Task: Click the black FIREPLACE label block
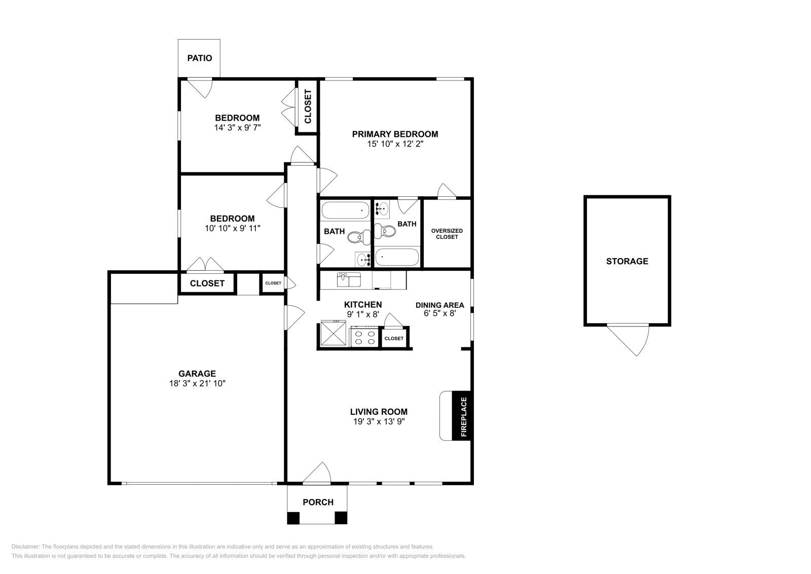pyautogui.click(x=462, y=416)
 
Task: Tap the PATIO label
pyautogui.click(x=200, y=58)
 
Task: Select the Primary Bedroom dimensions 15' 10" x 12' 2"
pyautogui.click(x=395, y=144)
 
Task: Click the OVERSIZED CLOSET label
pyautogui.click(x=447, y=234)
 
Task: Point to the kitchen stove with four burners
pyautogui.click(x=364, y=338)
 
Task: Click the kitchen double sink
pyautogui.click(x=349, y=279)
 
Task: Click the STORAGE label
pyautogui.click(x=627, y=261)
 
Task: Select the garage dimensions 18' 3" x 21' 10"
pyautogui.click(x=197, y=384)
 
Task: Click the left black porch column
pyautogui.click(x=293, y=518)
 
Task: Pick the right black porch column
pyautogui.click(x=341, y=518)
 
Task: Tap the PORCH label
pyautogui.click(x=318, y=503)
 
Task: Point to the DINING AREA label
pyautogui.click(x=439, y=305)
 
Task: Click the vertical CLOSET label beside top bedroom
pyautogui.click(x=307, y=106)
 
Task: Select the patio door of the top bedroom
pyautogui.click(x=201, y=87)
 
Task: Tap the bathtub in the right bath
pyautogui.click(x=397, y=257)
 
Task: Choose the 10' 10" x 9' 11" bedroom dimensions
pyautogui.click(x=232, y=229)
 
